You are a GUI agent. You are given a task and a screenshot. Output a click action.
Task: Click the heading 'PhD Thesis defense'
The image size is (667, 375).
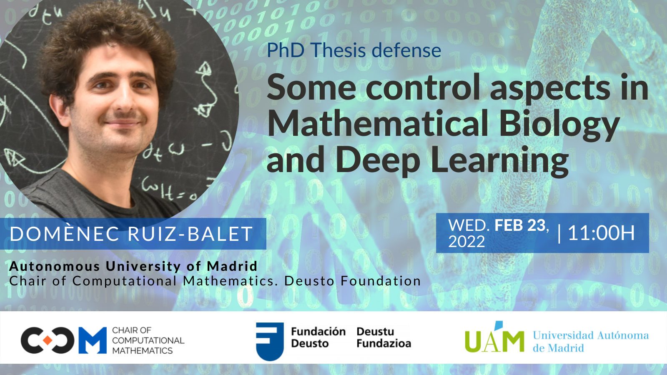tap(354, 50)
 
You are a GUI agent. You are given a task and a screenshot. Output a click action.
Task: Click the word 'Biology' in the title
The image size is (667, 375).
tap(559, 125)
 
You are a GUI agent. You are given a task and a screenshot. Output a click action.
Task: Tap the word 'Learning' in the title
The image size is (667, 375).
tap(500, 161)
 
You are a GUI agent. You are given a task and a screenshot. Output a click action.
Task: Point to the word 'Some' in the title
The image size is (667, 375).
tap(311, 87)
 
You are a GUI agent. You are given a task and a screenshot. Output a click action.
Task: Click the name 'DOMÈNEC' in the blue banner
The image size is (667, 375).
tap(65, 234)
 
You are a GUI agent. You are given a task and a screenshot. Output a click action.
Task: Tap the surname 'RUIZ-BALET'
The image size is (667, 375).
tap(190, 234)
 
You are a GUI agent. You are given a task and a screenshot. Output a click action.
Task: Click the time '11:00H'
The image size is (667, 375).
tap(601, 233)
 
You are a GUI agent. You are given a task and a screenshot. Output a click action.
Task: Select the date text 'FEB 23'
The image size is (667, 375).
tap(520, 225)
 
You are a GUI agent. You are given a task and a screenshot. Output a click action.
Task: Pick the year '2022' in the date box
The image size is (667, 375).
tap(466, 241)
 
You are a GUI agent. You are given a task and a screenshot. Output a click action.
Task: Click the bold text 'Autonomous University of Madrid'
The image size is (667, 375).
tap(133, 266)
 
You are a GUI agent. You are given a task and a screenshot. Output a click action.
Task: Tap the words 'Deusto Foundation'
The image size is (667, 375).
tap(353, 281)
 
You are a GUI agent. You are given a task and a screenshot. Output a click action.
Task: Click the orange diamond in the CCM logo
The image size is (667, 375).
tap(48, 340)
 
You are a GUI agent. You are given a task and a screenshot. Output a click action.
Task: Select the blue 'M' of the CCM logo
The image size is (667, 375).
tap(93, 340)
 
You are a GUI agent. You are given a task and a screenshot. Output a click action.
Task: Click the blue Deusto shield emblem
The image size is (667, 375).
tap(270, 341)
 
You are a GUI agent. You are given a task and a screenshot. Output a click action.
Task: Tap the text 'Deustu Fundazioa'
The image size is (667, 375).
tap(384, 337)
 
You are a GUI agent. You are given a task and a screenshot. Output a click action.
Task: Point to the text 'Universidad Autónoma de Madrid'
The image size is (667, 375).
tap(591, 341)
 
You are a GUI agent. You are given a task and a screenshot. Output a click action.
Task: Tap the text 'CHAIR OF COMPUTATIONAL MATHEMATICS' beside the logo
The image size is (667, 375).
tap(148, 340)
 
